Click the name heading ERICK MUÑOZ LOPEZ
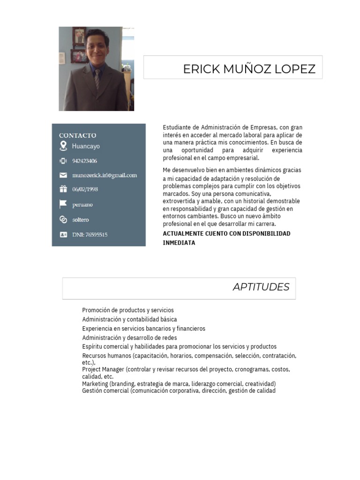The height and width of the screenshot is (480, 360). pyautogui.click(x=249, y=69)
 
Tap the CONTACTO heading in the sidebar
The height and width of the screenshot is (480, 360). pyautogui.click(x=78, y=135)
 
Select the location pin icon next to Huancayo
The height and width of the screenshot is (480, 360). pyautogui.click(x=63, y=146)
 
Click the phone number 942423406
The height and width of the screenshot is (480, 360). pyautogui.click(x=85, y=161)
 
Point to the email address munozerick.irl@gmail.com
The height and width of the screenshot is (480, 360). pyautogui.click(x=105, y=175)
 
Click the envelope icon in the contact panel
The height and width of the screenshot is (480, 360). pyautogui.click(x=63, y=175)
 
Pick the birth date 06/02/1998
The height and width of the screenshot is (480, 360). pyautogui.click(x=85, y=189)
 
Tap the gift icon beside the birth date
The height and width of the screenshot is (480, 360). pyautogui.click(x=63, y=189)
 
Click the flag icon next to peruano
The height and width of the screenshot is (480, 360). pyautogui.click(x=63, y=204)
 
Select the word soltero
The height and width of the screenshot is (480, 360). pyautogui.click(x=81, y=219)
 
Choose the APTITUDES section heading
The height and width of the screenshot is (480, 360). pyautogui.click(x=261, y=287)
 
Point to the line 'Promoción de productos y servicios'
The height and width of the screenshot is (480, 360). pyautogui.click(x=128, y=310)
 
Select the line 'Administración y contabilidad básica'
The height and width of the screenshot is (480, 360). pyautogui.click(x=129, y=319)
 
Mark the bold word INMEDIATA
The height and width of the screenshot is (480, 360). pyautogui.click(x=179, y=243)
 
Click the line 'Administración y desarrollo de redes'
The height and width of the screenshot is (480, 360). pyautogui.click(x=129, y=337)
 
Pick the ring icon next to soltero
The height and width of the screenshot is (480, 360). pyautogui.click(x=63, y=219)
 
